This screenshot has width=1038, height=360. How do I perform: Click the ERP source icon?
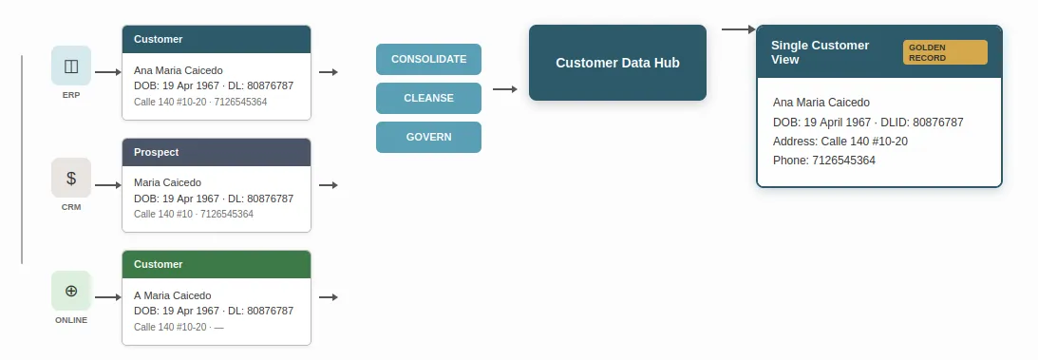point(71,66)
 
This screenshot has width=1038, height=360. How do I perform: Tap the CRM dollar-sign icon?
point(71,178)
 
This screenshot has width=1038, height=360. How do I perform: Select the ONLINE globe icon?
point(71,290)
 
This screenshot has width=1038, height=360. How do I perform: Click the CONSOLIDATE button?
point(428,59)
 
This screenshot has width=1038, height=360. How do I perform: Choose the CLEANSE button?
point(428,98)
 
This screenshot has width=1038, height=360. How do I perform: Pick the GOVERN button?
point(428,137)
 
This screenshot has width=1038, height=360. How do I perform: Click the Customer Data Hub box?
point(617,63)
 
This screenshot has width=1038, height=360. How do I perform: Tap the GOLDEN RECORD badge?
point(945,52)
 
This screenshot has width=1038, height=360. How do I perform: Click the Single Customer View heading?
point(820,52)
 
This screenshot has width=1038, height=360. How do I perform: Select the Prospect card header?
point(217,152)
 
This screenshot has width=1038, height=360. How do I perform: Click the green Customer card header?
point(217,264)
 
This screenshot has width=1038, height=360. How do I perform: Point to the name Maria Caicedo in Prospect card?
point(168,182)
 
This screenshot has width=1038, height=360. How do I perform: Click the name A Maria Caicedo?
point(172,295)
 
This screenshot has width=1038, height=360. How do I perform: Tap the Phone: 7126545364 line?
point(824,161)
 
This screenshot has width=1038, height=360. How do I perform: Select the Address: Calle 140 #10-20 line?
point(840,142)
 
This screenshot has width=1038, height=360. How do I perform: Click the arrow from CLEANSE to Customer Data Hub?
point(505,89)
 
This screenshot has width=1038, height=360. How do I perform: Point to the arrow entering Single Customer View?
point(738,29)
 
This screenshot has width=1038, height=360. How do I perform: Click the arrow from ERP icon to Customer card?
point(107,72)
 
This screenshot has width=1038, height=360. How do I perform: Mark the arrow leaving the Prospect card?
point(329,185)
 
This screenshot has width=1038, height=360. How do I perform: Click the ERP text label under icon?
point(71,95)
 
